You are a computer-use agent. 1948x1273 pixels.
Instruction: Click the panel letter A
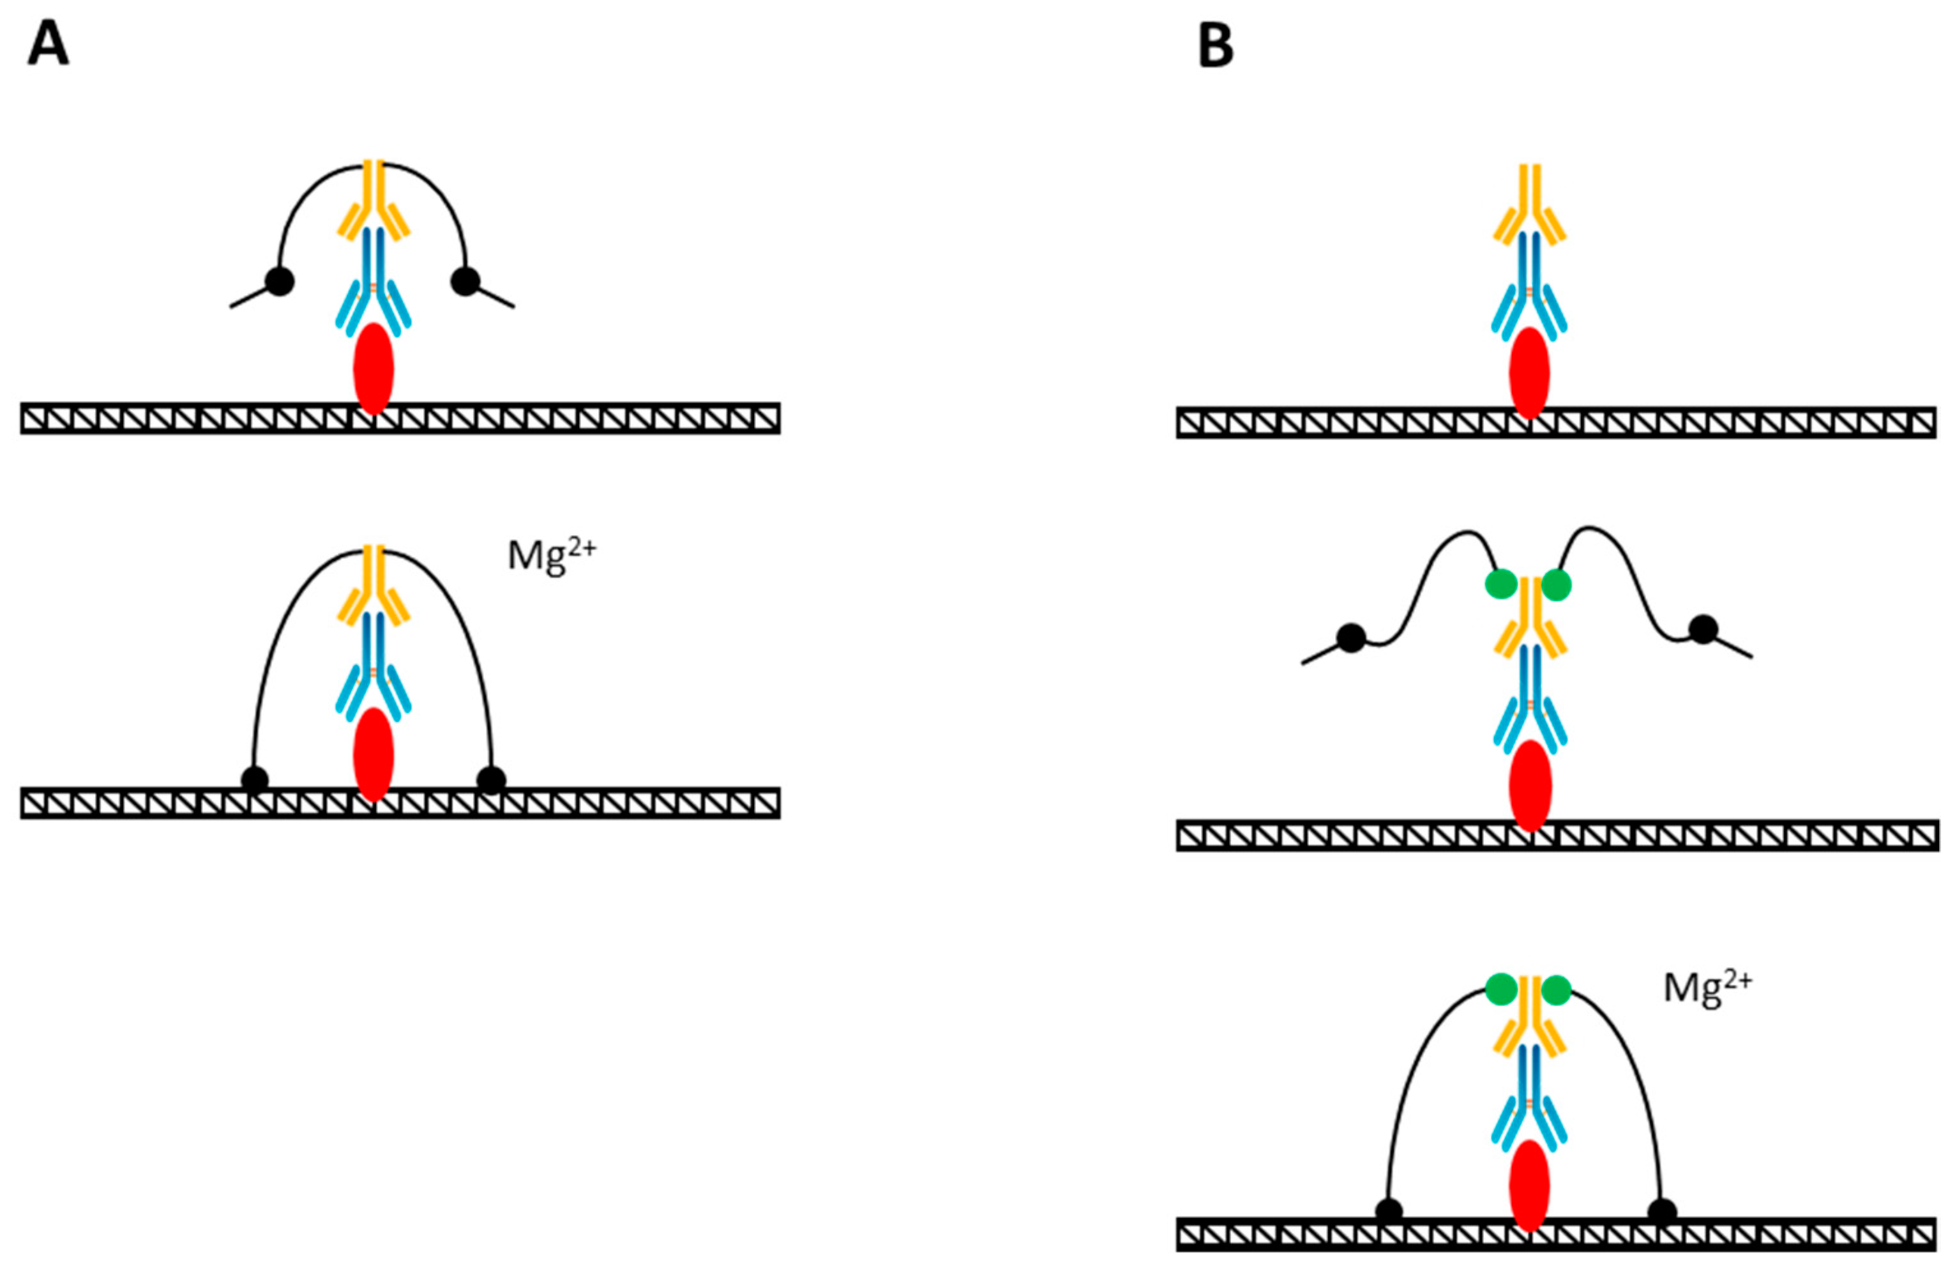pos(47,45)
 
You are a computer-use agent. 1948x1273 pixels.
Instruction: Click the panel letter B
pos(1216,45)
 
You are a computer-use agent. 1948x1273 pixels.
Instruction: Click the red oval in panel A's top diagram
pos(374,369)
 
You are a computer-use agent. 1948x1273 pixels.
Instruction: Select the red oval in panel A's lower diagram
pos(374,754)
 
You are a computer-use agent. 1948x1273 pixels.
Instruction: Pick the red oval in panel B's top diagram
pos(1529,373)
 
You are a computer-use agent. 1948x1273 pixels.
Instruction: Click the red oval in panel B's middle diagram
pos(1530,786)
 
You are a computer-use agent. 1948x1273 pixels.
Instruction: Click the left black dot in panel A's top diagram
pos(280,281)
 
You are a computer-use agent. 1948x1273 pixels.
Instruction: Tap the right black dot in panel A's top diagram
pos(465,281)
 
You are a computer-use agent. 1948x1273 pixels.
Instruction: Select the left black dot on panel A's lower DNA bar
pos(255,779)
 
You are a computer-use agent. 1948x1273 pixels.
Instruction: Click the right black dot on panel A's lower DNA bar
pos(491,779)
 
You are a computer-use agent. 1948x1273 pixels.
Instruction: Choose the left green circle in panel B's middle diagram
pos(1500,584)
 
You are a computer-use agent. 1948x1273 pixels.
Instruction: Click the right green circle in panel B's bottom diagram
pos(1556,989)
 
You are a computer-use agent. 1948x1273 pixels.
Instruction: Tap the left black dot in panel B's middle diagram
pos(1350,637)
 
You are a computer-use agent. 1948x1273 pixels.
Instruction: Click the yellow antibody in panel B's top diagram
pos(1529,204)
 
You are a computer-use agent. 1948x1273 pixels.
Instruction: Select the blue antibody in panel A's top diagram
pos(374,278)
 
